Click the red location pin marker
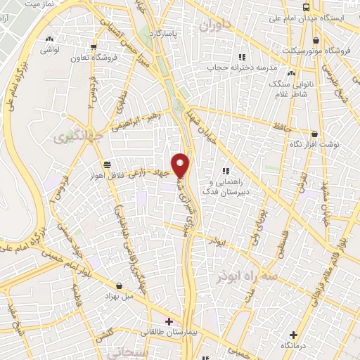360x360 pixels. [x=181, y=165]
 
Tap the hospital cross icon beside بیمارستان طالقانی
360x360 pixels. [x=169, y=322]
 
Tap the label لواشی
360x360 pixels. [x=49, y=50]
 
